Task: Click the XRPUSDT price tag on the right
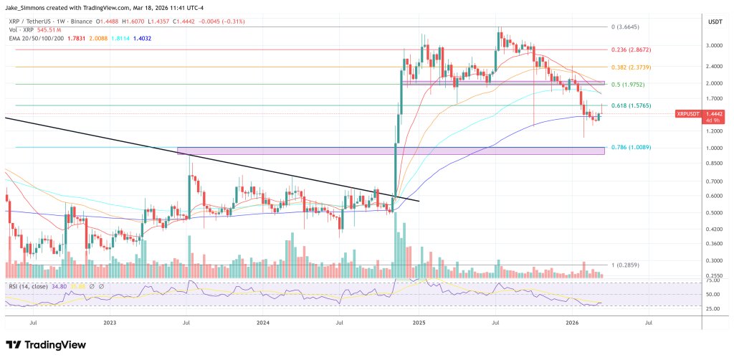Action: pyautogui.click(x=689, y=113)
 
